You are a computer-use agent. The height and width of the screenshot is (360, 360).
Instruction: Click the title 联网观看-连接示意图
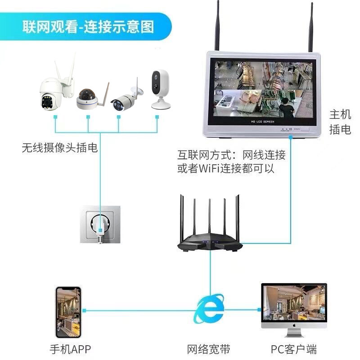pos(89,26)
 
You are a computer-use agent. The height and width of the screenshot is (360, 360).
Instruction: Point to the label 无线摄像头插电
pos(59,148)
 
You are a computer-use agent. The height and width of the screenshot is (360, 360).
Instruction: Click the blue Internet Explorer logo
pos(210,309)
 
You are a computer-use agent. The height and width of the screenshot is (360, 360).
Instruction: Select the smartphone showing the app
pos(68,312)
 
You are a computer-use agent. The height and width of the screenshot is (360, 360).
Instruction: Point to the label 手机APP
pos(70,349)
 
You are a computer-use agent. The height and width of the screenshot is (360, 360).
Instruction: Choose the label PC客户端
pos(294,349)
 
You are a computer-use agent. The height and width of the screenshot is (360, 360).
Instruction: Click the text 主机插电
pos(340,122)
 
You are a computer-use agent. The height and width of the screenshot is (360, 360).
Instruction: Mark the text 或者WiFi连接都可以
pos(225,169)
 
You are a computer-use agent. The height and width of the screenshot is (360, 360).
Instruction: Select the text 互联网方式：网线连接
pos(231,156)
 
